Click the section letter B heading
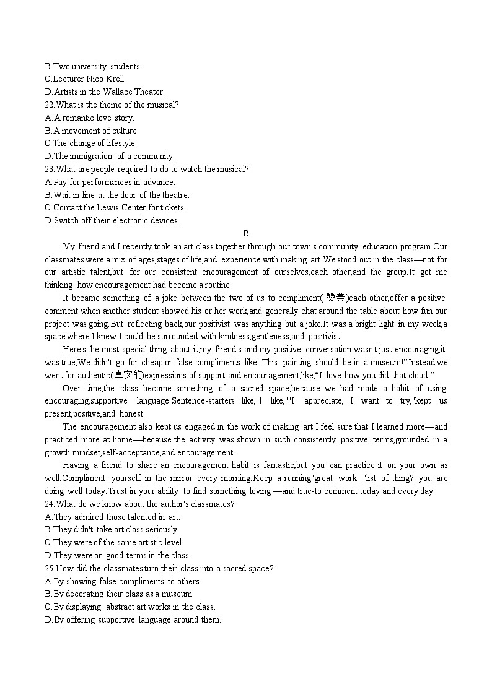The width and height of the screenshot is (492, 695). point(246,233)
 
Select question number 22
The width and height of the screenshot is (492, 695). point(49,105)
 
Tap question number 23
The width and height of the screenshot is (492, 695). point(49,169)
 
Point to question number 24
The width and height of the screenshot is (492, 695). point(49,504)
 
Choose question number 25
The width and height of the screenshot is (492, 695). point(49,568)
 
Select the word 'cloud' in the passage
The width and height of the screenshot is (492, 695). point(418,375)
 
